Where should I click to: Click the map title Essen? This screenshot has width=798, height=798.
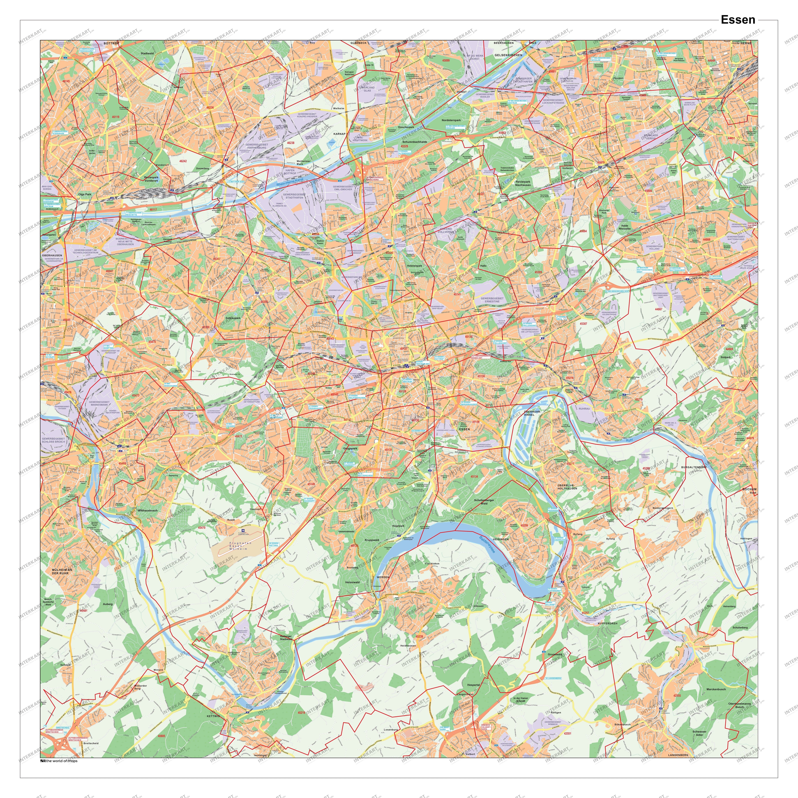tap(738, 20)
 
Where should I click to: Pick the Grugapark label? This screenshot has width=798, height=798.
tap(350, 448)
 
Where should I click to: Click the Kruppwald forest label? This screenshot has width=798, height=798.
tap(372, 540)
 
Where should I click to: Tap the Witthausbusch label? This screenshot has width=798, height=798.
tap(147, 511)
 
